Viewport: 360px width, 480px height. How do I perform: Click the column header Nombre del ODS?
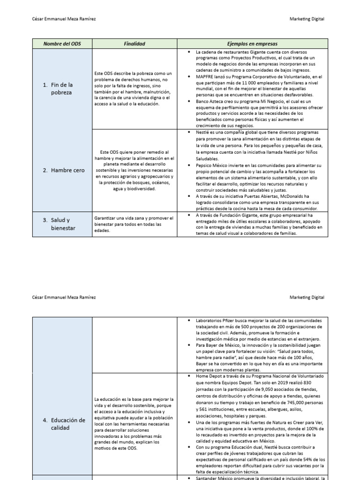[x=62, y=44]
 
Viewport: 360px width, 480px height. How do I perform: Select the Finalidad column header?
[x=135, y=44]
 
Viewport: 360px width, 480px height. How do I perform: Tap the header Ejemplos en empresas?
[x=253, y=44]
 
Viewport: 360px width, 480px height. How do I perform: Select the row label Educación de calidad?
[x=68, y=424]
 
